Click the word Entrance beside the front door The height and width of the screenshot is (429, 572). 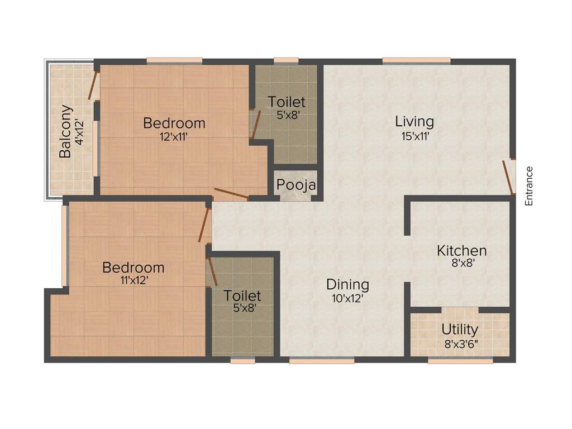tap(529, 186)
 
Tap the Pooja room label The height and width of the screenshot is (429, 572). tap(297, 185)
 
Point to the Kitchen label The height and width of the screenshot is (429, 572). tap(461, 250)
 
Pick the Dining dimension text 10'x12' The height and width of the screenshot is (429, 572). tap(347, 298)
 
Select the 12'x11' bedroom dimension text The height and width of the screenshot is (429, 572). tap(174, 136)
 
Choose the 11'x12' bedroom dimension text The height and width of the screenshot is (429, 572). tap(134, 281)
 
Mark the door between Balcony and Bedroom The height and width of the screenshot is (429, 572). tap(94, 85)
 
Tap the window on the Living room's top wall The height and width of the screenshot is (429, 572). tap(416, 61)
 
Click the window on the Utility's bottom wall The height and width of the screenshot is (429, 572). tap(460, 361)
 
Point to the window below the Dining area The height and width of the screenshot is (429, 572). tap(321, 361)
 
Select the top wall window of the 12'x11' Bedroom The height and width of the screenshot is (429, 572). tap(174, 61)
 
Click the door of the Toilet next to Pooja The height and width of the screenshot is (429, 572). tap(255, 124)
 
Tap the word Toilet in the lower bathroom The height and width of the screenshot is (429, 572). tap(242, 295)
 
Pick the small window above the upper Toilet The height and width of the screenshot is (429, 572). tap(286, 61)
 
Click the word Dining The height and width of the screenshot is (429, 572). tap(347, 284)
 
